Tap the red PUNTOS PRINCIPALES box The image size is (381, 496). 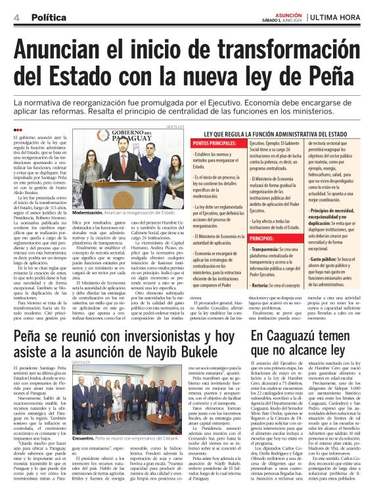pyautogui.click(x=216, y=143)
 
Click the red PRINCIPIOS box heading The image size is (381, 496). pyautogui.click(x=210, y=238)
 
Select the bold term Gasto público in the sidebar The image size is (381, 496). pyautogui.click(x=318, y=259)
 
